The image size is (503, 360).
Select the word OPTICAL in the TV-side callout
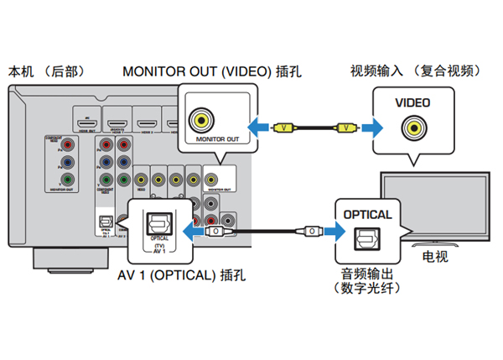pyautogui.click(x=367, y=215)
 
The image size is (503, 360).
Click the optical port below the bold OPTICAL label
pyautogui.click(x=367, y=241)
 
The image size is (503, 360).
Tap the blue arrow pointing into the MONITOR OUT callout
pyautogui.click(x=262, y=128)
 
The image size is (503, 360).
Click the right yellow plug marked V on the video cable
pyautogui.click(x=344, y=128)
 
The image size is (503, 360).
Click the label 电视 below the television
pyautogui.click(x=433, y=257)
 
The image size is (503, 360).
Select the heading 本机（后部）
pyautogui.click(x=46, y=70)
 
